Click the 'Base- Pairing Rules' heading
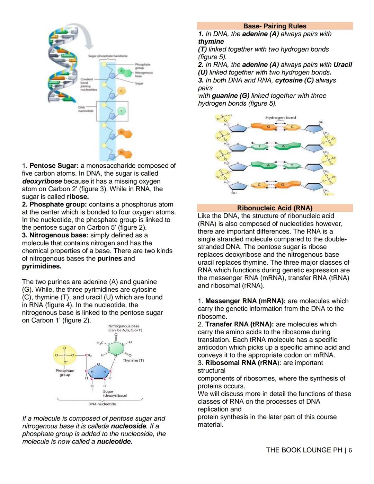tap(275, 26)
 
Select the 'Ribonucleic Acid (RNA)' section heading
tap(275, 208)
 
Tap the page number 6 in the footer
tap(350, 450)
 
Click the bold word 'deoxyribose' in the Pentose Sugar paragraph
tap(42, 181)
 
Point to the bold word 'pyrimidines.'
tap(42, 266)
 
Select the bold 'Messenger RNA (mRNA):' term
tap(245, 301)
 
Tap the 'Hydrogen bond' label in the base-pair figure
tap(280, 118)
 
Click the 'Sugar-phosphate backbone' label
tap(108, 56)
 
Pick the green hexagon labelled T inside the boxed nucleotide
tap(121, 111)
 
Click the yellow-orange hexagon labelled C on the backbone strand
tap(121, 91)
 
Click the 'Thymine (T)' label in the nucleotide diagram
tap(133, 361)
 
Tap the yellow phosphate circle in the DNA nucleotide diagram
tap(65, 355)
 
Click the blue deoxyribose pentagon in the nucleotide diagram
tap(98, 372)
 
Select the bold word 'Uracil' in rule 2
tap(342, 65)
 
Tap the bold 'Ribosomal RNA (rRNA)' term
tap(242, 363)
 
